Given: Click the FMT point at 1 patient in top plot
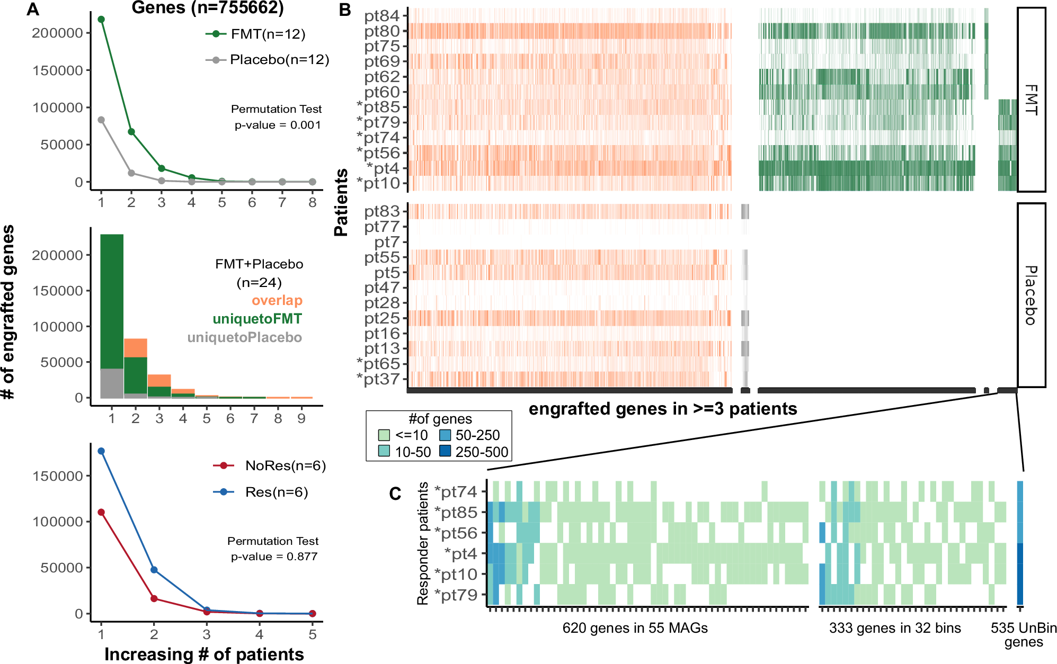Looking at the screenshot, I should pyautogui.click(x=101, y=20).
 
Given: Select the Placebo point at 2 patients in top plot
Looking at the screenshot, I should pyautogui.click(x=131, y=173).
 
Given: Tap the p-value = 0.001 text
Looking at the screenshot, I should pyautogui.click(x=278, y=125).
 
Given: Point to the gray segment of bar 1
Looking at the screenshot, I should pyautogui.click(x=112, y=383).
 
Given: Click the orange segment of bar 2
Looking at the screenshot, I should pyautogui.click(x=136, y=348).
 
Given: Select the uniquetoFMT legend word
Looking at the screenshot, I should pyautogui.click(x=257, y=319).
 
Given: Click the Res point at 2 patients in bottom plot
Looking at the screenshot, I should pyautogui.click(x=154, y=570).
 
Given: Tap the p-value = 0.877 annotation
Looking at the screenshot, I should pyautogui.click(x=274, y=557).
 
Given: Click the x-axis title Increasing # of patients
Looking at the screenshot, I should pyautogui.click(x=204, y=654).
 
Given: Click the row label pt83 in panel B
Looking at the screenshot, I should pyautogui.click(x=381, y=212).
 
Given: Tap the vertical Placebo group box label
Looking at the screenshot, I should pyautogui.click(x=1031, y=295).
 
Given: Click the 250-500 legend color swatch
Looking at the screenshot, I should pyautogui.click(x=445, y=452).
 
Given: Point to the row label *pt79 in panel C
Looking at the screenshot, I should pyautogui.click(x=456, y=595).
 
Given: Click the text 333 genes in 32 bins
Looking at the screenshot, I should pyautogui.click(x=895, y=629).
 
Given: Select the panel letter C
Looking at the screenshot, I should pyautogui.click(x=395, y=494).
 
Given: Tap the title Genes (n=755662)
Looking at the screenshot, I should pyautogui.click(x=208, y=8).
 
